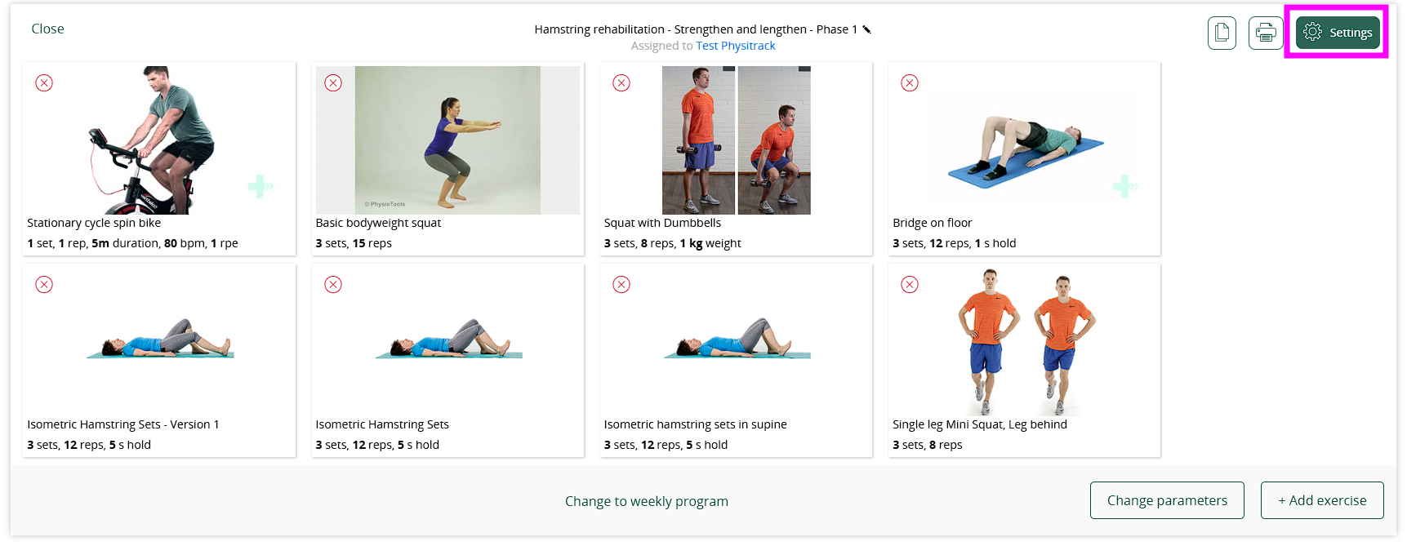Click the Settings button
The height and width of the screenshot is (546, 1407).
tap(1338, 33)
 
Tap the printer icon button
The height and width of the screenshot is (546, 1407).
tap(1266, 33)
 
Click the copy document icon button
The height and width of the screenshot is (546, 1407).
tap(1222, 33)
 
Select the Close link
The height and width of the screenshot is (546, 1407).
tap(47, 29)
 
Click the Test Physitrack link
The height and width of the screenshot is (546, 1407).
tap(736, 46)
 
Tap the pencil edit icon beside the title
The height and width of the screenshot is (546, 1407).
tap(867, 29)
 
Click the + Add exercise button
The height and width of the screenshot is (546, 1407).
tap(1322, 500)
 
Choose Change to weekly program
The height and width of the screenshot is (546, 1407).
tap(647, 501)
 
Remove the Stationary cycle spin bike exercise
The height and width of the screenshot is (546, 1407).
tap(44, 82)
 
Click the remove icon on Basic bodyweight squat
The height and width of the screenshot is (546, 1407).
tap(333, 82)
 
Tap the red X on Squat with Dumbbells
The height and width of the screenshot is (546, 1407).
tap(621, 82)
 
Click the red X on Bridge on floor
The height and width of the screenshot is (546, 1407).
tap(910, 82)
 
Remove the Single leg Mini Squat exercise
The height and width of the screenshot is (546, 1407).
tap(910, 284)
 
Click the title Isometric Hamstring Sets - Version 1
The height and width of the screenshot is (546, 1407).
tap(123, 424)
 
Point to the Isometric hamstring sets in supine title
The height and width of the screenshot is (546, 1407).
tap(696, 424)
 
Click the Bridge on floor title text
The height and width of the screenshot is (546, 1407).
tap(933, 223)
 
